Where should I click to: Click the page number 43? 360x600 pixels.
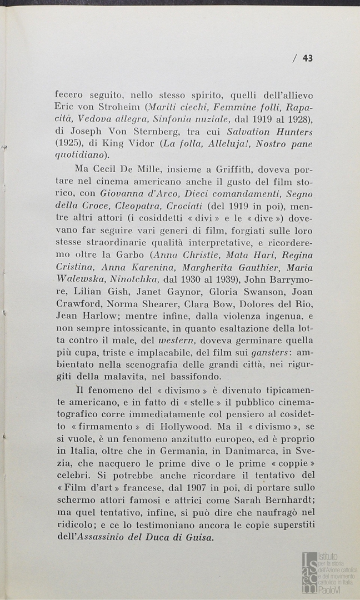(307, 58)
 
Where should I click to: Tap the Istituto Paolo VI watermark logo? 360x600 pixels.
(328, 572)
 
